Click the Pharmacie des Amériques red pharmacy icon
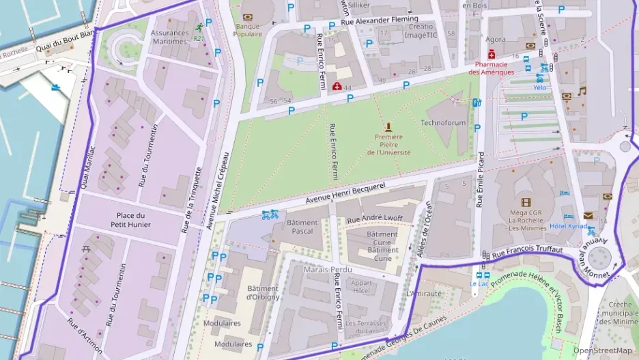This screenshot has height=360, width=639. pyautogui.click(x=490, y=54)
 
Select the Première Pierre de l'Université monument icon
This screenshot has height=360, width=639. pyautogui.click(x=388, y=126)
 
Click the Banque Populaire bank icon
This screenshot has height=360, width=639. pyautogui.click(x=248, y=16)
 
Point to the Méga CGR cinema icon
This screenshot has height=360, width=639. pyautogui.click(x=526, y=202)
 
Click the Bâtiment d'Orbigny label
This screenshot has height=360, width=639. pyautogui.click(x=263, y=293)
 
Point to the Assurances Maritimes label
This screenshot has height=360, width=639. pyautogui.click(x=169, y=37)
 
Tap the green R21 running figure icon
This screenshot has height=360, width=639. pyautogui.click(x=199, y=28)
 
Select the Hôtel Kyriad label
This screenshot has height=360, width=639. pyautogui.click(x=568, y=226)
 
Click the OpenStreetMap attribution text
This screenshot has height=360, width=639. pyautogui.click(x=602, y=351)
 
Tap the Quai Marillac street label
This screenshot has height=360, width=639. pyautogui.click(x=88, y=167)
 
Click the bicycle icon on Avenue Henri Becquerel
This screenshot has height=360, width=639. pyautogui.click(x=270, y=214)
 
